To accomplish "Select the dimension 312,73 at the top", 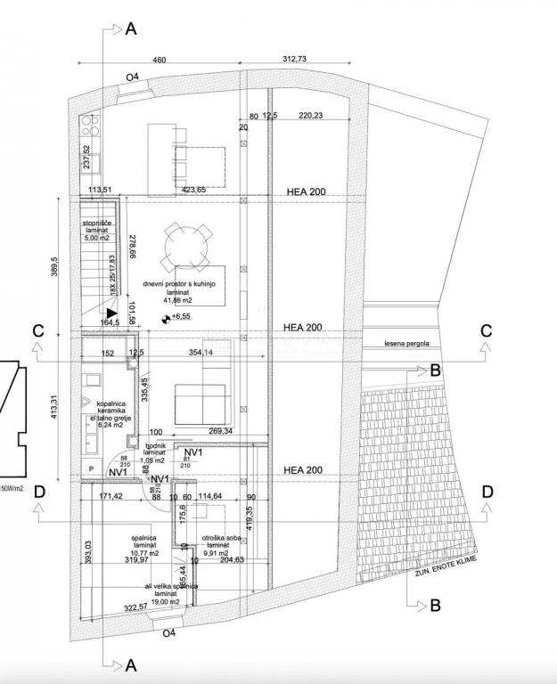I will pyautogui.click(x=293, y=60).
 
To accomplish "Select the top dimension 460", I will pyautogui.click(x=158, y=60).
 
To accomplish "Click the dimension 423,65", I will pyautogui.click(x=194, y=190).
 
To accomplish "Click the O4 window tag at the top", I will pyautogui.click(x=132, y=78).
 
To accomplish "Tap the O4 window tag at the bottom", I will pyautogui.click(x=169, y=633).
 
